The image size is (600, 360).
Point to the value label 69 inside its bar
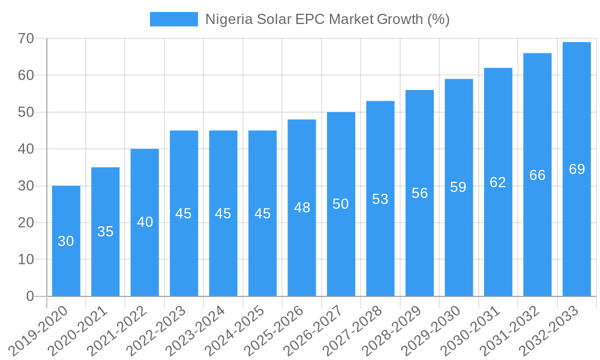tap(577, 169)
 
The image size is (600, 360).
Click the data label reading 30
tap(66, 241)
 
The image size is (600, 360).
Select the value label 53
tap(380, 199)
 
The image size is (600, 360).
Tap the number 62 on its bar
tap(498, 182)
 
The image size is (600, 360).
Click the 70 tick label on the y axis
tap(26, 39)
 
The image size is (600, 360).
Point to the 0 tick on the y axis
tap(31, 296)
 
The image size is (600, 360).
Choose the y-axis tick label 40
tap(26, 149)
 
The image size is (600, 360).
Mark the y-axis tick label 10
tap(26, 260)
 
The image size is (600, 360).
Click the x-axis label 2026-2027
tap(322, 329)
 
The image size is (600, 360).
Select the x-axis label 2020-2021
tap(86, 329)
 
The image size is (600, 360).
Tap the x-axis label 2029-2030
tap(439, 329)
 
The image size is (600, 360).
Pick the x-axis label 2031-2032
tap(518, 329)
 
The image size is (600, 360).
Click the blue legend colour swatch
tap(173, 19)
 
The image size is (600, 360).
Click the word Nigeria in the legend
tap(226, 19)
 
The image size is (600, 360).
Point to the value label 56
tap(419, 193)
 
